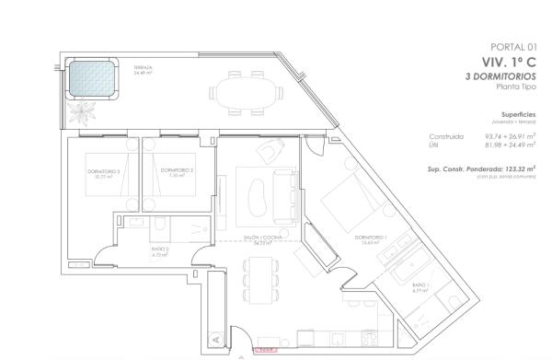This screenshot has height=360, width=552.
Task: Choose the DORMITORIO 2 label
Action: [176, 171]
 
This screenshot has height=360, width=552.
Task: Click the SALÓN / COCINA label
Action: [261, 239]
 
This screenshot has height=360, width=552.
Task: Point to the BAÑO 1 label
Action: [420, 287]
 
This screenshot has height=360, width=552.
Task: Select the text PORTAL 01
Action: [515, 47]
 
